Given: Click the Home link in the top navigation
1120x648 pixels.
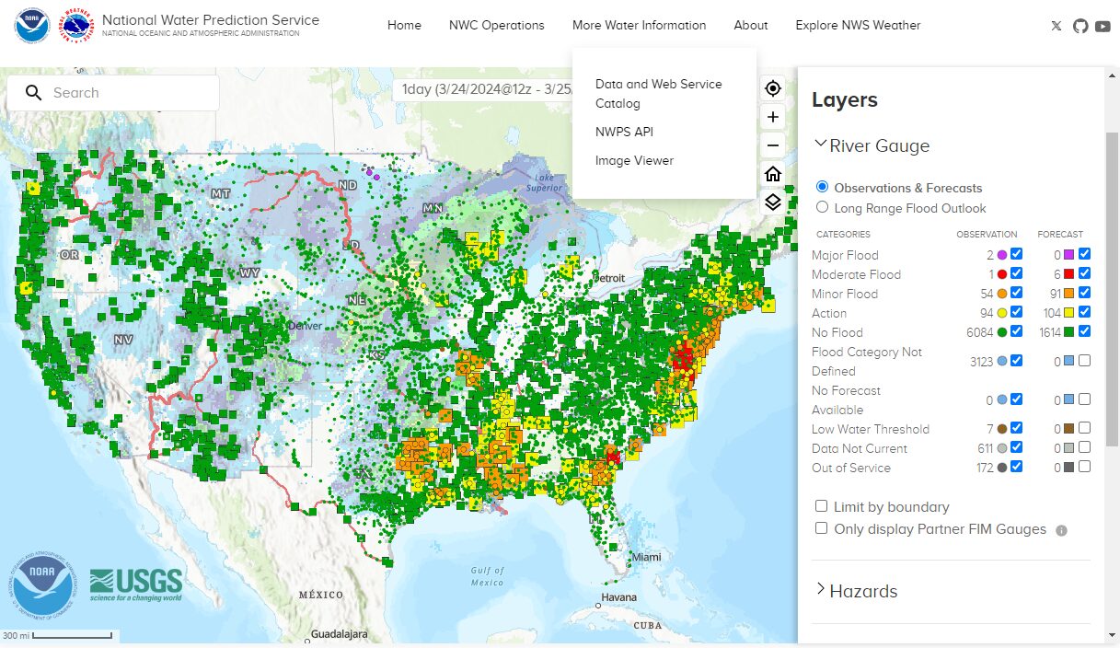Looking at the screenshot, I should click(x=404, y=25).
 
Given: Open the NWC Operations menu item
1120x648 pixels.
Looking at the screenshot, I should click(x=496, y=25).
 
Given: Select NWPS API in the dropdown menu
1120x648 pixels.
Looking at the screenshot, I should click(x=624, y=132).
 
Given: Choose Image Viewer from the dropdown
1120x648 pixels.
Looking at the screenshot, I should click(x=634, y=160).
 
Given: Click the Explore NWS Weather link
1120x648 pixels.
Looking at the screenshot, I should click(x=858, y=25).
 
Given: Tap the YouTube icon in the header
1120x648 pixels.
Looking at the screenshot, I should click(x=1103, y=26).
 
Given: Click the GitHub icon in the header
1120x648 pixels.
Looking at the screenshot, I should click(x=1080, y=26).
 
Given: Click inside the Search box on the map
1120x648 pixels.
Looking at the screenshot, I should click(x=129, y=93).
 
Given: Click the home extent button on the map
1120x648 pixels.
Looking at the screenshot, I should click(x=773, y=174).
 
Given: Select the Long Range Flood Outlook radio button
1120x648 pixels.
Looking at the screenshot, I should click(x=823, y=208).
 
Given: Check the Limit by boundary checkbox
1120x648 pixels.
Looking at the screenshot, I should click(x=821, y=506).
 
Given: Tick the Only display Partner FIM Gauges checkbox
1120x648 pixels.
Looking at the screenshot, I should click(x=821, y=528).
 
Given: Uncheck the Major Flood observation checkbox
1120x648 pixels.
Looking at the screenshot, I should click(x=1016, y=255).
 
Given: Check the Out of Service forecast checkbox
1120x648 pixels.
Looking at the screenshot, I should click(x=1084, y=467).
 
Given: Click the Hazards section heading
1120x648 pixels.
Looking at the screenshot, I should click(x=862, y=591).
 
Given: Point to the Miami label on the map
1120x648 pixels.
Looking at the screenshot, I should click(x=646, y=558).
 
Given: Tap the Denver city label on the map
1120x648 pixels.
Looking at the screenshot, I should click(x=305, y=326).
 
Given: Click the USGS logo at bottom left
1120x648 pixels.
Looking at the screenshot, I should click(x=136, y=584).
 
